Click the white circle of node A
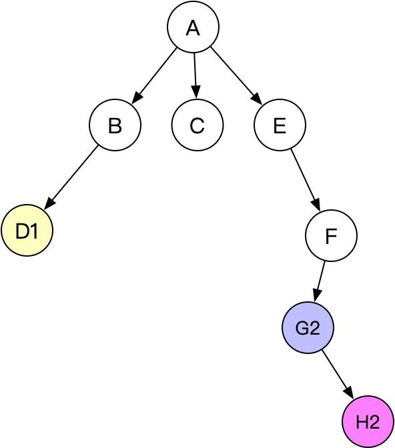[193, 28]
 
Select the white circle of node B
[115, 125]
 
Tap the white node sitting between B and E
[197, 125]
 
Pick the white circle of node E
[280, 125]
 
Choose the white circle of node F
[331, 236]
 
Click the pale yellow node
[27, 231]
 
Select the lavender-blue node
[308, 328]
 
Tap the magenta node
[368, 422]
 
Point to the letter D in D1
[22, 231]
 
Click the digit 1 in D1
[33, 231]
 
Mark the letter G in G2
[302, 328]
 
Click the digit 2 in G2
[314, 328]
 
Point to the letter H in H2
[362, 422]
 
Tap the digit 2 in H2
[374, 422]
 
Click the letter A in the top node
[193, 28]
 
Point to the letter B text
[115, 125]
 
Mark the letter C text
[197, 125]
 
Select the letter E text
[280, 125]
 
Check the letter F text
[331, 236]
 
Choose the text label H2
[368, 422]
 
